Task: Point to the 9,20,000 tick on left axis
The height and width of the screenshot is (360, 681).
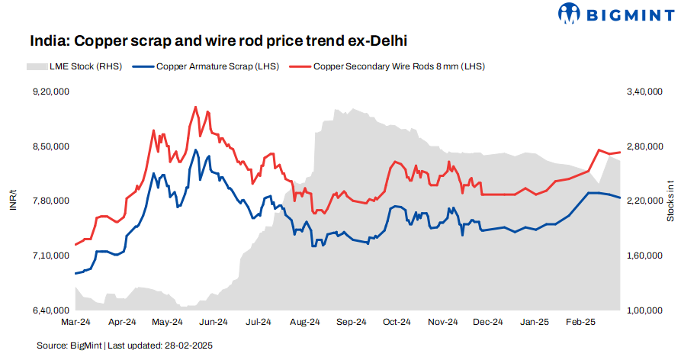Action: click(x=50, y=92)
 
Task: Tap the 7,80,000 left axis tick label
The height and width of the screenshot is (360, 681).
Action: click(x=50, y=201)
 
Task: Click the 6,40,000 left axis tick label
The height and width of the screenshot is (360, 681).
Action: click(x=50, y=310)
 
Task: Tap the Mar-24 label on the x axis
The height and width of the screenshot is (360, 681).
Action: click(x=75, y=322)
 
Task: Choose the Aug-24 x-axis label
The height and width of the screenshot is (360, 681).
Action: click(x=304, y=322)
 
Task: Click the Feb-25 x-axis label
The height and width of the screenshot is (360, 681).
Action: click(x=580, y=322)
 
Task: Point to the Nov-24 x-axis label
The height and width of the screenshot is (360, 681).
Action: click(x=442, y=322)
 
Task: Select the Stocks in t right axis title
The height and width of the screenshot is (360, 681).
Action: click(x=670, y=201)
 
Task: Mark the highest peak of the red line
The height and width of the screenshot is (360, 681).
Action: click(x=196, y=107)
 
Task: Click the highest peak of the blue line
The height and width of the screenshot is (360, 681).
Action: click(x=196, y=150)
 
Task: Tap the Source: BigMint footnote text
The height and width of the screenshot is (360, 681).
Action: click(x=69, y=346)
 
